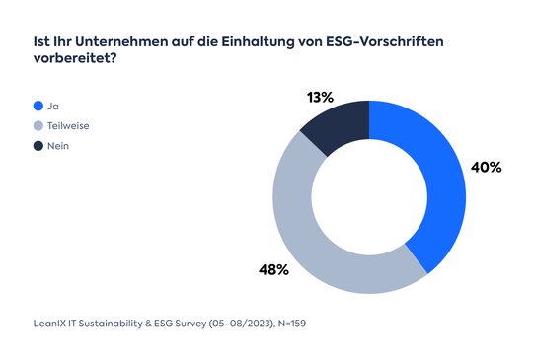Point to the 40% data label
pyautogui.click(x=486, y=168)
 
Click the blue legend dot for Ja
pyautogui.click(x=38, y=106)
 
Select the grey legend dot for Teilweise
pyautogui.click(x=38, y=125)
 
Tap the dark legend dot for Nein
pyautogui.click(x=38, y=145)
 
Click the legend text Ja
pyautogui.click(x=53, y=106)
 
